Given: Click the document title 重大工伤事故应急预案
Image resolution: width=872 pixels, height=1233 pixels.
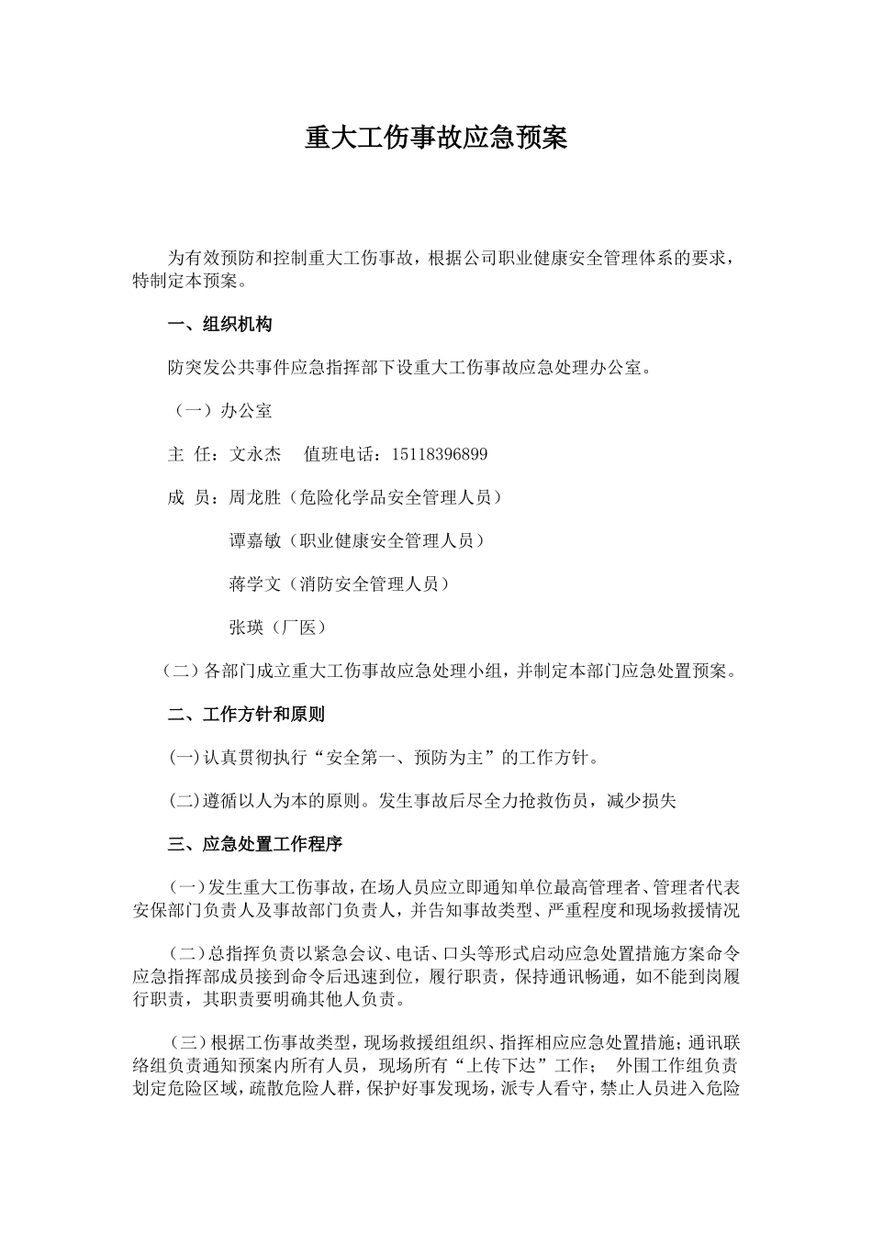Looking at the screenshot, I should point(436,138).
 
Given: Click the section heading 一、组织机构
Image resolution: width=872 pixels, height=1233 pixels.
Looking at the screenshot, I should point(219,325).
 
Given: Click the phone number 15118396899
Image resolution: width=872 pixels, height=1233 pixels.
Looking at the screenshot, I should point(440,454).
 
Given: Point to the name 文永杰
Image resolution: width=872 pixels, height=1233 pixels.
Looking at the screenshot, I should point(255,454).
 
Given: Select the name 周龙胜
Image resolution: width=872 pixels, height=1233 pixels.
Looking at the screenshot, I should point(254,497).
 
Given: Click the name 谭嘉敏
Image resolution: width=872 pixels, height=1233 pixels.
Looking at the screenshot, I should point(254,540).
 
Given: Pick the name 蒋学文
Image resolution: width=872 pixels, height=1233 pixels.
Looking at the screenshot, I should point(254,583).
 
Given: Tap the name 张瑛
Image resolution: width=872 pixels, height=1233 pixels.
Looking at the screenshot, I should point(246,628).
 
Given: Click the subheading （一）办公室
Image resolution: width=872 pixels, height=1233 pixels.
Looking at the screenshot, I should point(220,411).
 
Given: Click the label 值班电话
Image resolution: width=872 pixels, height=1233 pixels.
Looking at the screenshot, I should point(338,454).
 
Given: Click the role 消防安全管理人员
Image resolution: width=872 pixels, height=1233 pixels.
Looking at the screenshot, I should point(377,583).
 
